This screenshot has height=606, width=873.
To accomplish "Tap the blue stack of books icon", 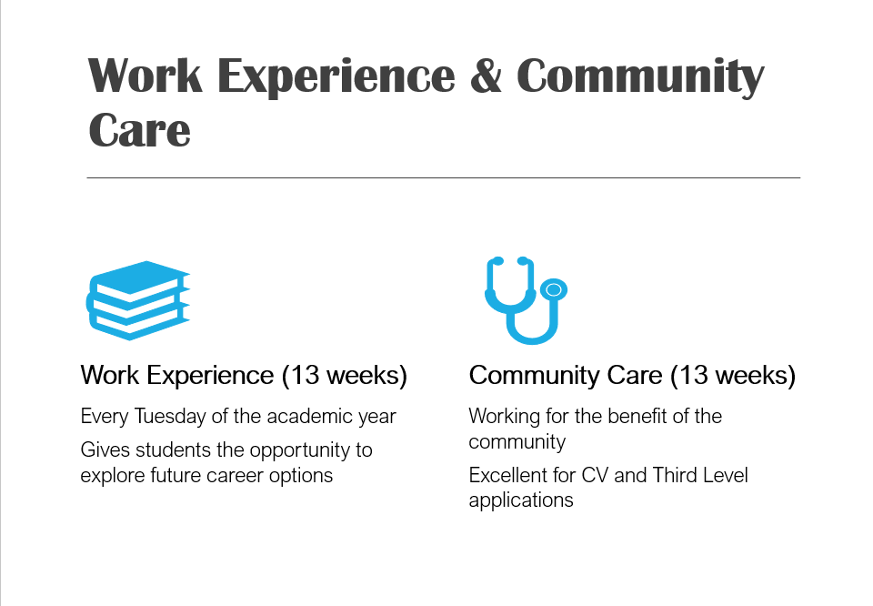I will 138,299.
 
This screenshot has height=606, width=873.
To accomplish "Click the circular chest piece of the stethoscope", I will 553,290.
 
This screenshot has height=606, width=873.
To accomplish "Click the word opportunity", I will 292,450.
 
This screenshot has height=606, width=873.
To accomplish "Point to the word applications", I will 521,500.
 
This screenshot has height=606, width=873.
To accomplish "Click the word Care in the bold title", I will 139,129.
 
